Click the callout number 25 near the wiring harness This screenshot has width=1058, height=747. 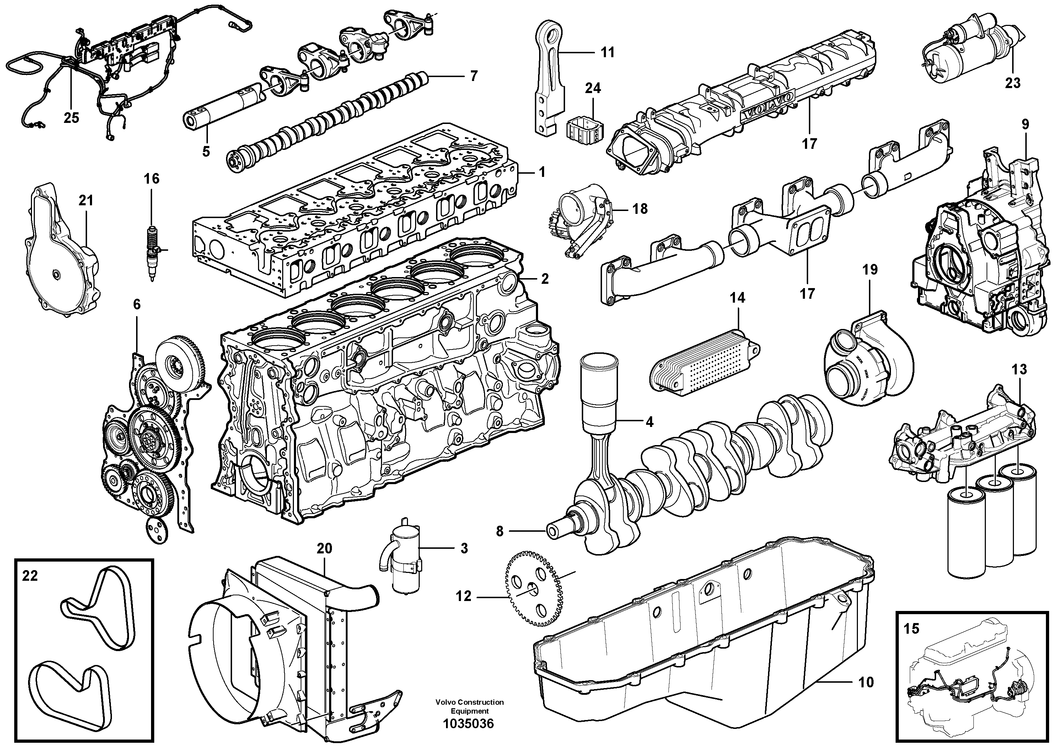[x=71, y=118]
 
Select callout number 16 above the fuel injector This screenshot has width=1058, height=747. [x=152, y=179]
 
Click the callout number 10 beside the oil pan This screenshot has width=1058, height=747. [x=866, y=682]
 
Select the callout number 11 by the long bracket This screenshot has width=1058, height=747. [x=608, y=53]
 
